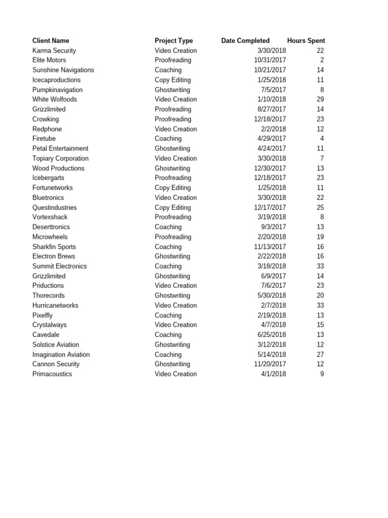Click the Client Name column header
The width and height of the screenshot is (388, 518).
click(51, 40)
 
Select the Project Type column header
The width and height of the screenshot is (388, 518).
click(174, 40)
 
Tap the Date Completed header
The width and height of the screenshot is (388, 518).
click(246, 40)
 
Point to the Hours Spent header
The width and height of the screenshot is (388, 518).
click(306, 40)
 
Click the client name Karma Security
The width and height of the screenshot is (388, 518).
click(54, 51)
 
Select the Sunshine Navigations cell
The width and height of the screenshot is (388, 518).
click(63, 70)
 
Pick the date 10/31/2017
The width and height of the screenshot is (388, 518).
click(270, 60)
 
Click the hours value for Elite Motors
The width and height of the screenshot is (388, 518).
click(322, 60)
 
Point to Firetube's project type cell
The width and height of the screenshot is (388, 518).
click(168, 139)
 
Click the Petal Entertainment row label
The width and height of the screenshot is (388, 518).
click(60, 148)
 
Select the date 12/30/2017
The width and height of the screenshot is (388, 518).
click(270, 168)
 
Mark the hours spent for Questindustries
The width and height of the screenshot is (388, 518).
click(320, 207)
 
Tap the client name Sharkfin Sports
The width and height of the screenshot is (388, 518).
click(54, 247)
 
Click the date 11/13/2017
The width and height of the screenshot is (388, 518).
click(270, 247)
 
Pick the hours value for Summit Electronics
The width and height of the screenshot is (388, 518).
click(320, 266)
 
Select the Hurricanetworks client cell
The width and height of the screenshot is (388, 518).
click(55, 306)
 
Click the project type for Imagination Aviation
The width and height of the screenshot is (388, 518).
click(168, 355)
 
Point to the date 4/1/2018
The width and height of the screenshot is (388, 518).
click(273, 374)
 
